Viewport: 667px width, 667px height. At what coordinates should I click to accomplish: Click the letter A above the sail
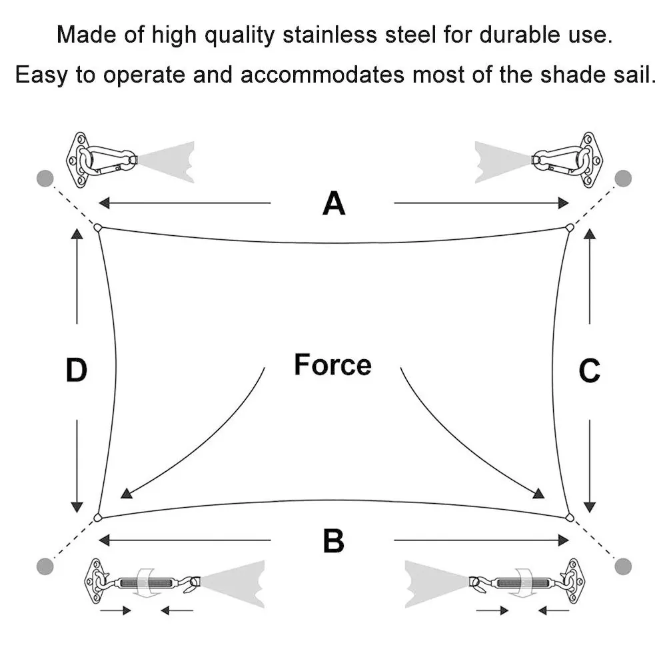[x=334, y=203]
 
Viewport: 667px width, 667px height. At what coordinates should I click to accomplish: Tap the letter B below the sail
[x=334, y=540]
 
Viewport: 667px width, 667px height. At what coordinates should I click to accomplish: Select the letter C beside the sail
[x=590, y=371]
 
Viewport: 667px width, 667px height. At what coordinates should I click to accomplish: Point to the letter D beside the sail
[x=77, y=371]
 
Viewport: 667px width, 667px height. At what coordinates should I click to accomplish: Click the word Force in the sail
[x=333, y=365]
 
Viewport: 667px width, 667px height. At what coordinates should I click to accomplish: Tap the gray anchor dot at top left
[x=45, y=179]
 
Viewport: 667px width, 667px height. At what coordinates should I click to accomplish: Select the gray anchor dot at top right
[x=623, y=179]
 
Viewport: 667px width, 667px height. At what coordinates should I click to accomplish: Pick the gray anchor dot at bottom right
[x=623, y=566]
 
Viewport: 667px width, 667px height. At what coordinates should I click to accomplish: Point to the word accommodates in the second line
[x=322, y=74]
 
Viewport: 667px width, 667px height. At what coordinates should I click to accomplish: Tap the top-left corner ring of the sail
[x=98, y=228]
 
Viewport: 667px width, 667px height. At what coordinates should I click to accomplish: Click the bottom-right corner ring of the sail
[x=570, y=518]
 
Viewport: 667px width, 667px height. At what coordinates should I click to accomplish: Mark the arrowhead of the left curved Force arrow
[x=125, y=494]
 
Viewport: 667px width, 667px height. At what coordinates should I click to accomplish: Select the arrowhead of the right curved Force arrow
[x=540, y=494]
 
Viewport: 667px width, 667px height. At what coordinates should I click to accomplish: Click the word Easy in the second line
[x=41, y=74]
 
